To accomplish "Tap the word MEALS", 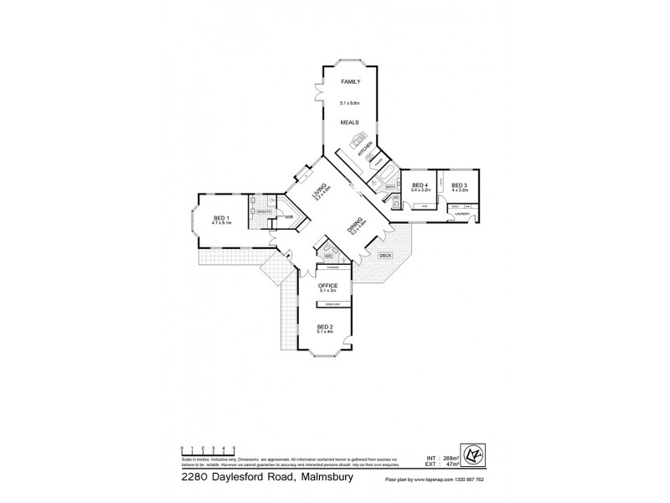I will pyautogui.click(x=349, y=122).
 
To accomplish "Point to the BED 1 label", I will pyautogui.click(x=220, y=217).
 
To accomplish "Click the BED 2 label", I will pyautogui.click(x=325, y=327).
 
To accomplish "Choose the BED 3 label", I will pyautogui.click(x=459, y=185).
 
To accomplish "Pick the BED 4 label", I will pyautogui.click(x=420, y=185).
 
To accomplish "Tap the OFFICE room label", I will pyautogui.click(x=327, y=286).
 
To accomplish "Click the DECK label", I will pyautogui.click(x=385, y=255).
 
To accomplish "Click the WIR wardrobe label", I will pyautogui.click(x=288, y=217).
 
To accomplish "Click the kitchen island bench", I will pyautogui.click(x=360, y=140).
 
